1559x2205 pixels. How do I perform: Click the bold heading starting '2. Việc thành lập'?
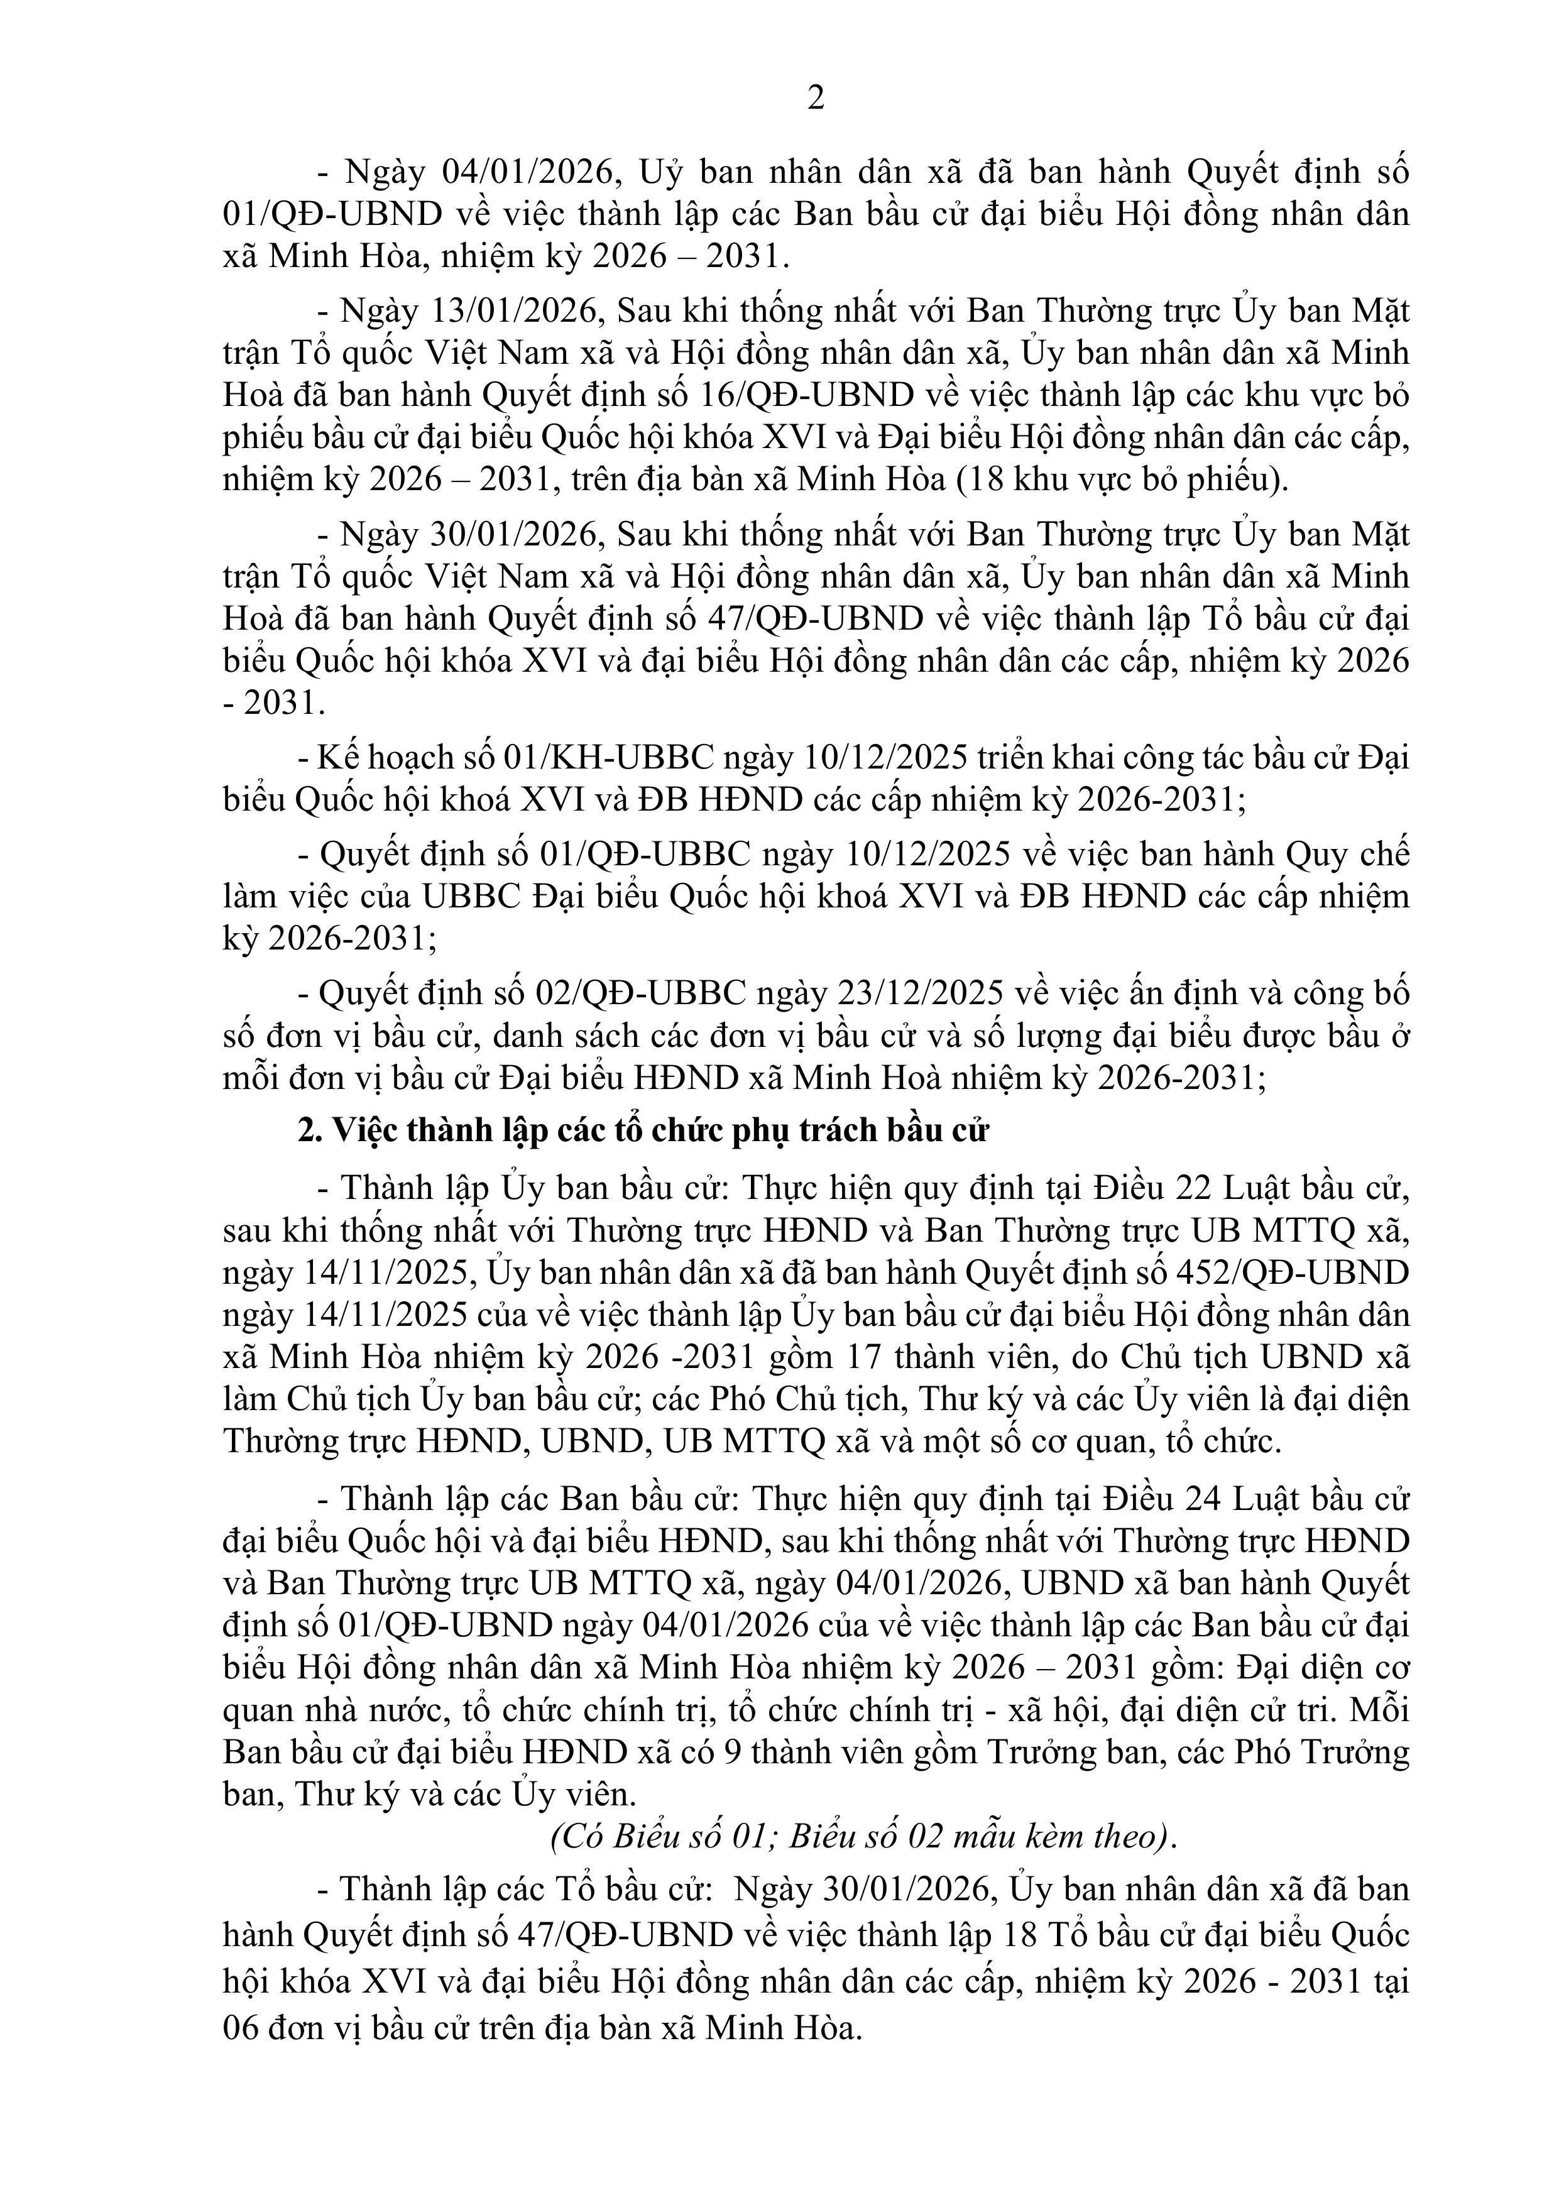point(643,1131)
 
